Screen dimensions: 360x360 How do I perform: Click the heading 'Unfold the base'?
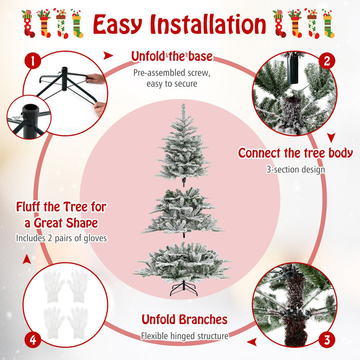[171, 57]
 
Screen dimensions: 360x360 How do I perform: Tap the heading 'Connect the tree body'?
[295, 153]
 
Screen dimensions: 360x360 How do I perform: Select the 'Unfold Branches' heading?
[184, 319]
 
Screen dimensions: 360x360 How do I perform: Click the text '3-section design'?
[295, 170]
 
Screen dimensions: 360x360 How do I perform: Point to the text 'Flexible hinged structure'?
[184, 336]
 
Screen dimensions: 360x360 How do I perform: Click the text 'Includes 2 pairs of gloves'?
[61, 238]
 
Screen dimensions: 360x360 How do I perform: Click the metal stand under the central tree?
[184, 288]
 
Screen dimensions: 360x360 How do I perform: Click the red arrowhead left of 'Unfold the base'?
[108, 56]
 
